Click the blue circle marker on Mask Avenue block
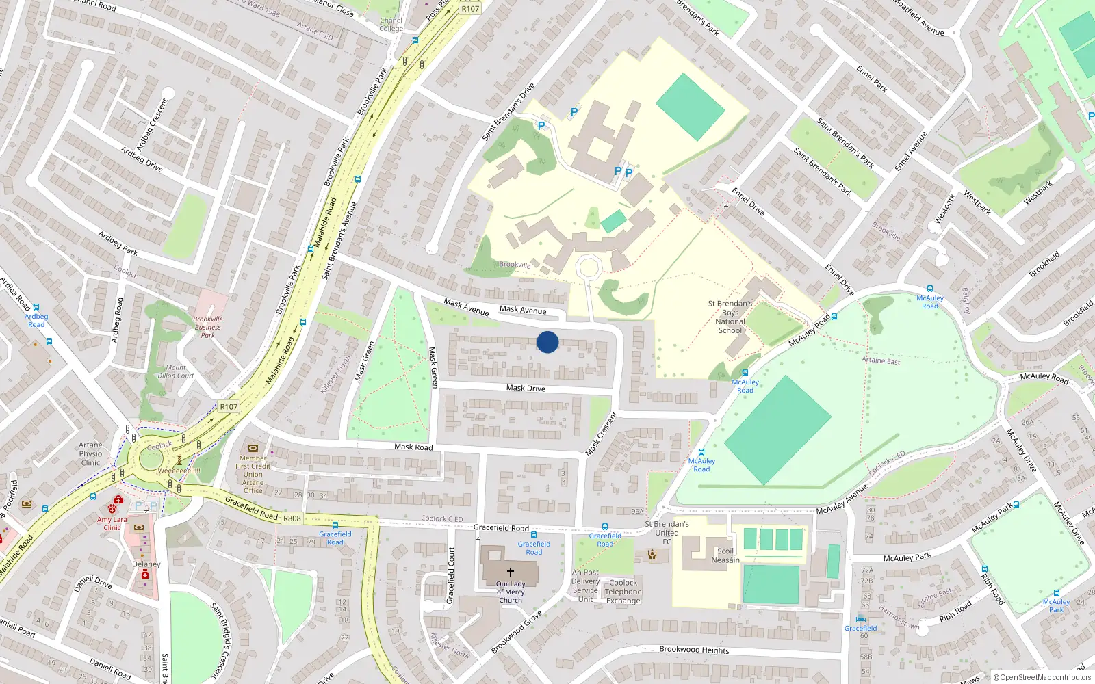pos(547,342)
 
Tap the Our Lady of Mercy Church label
pos(511,592)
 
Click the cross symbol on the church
pos(511,572)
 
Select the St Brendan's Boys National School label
pos(730,317)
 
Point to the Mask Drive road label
pos(526,388)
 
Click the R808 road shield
pos(292,518)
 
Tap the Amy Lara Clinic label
pos(112,523)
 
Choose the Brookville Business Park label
pos(208,327)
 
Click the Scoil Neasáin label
pos(725,555)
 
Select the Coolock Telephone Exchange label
pos(623,592)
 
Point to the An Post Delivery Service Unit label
pos(585,586)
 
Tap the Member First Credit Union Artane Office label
pos(253,474)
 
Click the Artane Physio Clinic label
pos(90,453)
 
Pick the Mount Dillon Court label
pos(176,371)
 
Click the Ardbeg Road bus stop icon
pos(36,307)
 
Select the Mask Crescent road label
pos(602,434)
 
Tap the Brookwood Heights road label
pos(694,650)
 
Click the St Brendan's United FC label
pos(667,533)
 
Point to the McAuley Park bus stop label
pos(1056,605)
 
